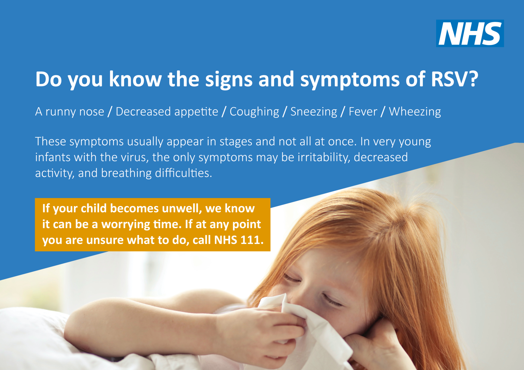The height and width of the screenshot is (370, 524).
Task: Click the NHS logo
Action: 470,33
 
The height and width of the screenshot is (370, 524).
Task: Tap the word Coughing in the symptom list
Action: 254,112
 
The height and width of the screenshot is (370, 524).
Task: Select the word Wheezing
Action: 415,112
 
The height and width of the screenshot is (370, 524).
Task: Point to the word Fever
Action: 363,112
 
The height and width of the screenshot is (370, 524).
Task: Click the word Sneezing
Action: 314,112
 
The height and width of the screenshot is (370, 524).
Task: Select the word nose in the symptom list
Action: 92,112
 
